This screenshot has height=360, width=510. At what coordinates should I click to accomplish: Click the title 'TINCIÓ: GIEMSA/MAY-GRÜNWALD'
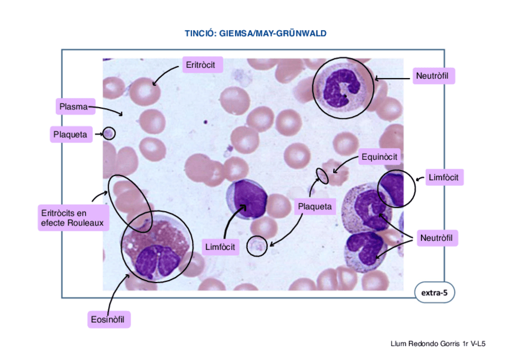[x=255, y=34]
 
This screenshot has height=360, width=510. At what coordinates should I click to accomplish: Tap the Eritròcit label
[x=201, y=64]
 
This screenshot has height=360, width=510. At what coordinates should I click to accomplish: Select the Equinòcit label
[x=379, y=158]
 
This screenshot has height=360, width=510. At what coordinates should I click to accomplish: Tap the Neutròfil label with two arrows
[x=436, y=239]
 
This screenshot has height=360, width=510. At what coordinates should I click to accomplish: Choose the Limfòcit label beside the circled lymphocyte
[x=444, y=177]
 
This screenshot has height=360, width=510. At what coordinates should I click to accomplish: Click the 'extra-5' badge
[x=434, y=293]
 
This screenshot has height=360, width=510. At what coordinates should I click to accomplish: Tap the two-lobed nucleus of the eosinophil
[x=158, y=260]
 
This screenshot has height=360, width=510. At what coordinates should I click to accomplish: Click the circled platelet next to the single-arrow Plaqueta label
[x=109, y=133]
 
